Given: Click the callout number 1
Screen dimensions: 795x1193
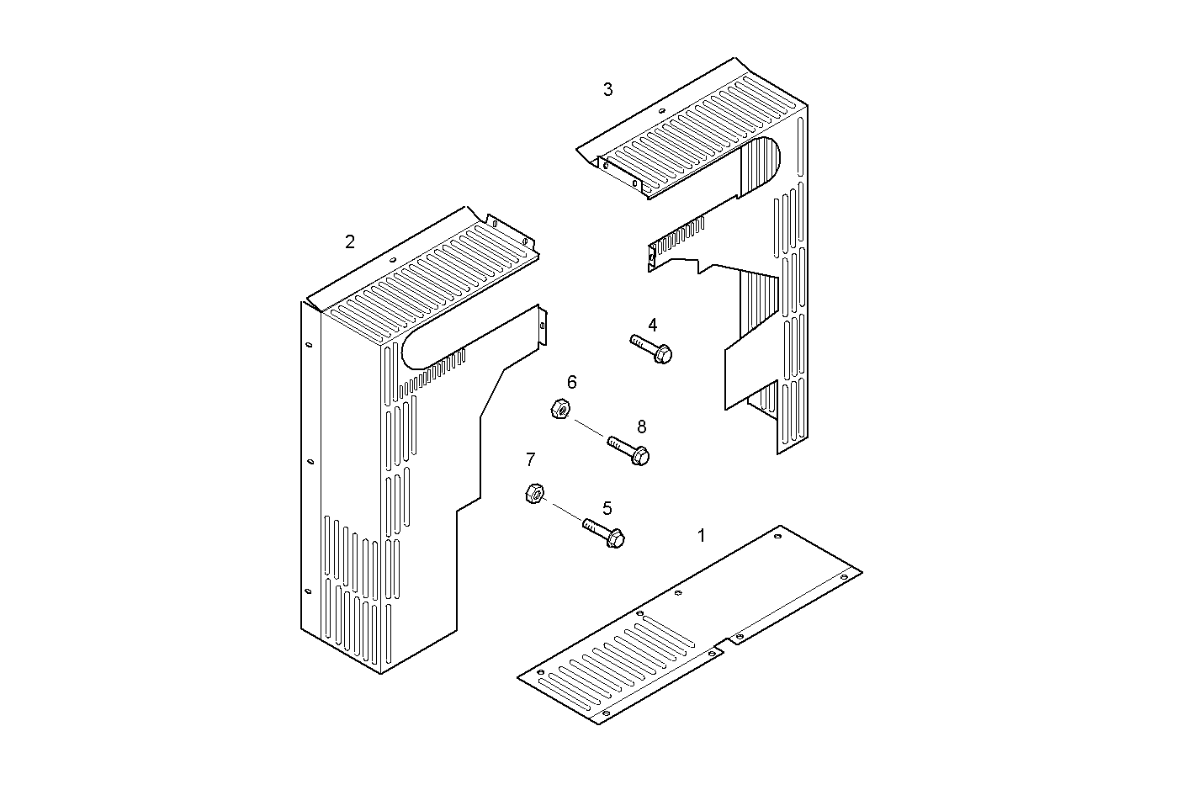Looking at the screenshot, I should coord(702,535).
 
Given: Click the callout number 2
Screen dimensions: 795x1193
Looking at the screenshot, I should coord(350,242).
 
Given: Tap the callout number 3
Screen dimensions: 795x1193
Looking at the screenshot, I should coord(608,89).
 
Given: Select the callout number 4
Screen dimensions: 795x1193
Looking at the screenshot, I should coord(652,325).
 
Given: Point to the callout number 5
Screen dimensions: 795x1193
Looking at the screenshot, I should coord(607,508).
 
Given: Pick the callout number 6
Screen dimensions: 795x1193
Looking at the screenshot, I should coord(572,383).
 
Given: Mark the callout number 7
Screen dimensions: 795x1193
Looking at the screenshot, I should coord(530,459).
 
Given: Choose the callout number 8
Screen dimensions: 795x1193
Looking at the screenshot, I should coord(641,427).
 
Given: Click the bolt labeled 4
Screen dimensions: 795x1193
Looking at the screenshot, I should coord(651,348).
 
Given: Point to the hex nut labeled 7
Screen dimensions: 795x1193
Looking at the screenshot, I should coord(533,494).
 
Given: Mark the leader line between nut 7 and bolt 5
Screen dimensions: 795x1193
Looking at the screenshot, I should coord(563,511).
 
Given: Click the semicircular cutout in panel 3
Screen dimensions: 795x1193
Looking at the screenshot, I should coord(766,160).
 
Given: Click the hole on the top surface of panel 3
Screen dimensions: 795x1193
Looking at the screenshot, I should coord(661,111).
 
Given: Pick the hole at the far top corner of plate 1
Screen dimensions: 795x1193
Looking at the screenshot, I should coord(778,533).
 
